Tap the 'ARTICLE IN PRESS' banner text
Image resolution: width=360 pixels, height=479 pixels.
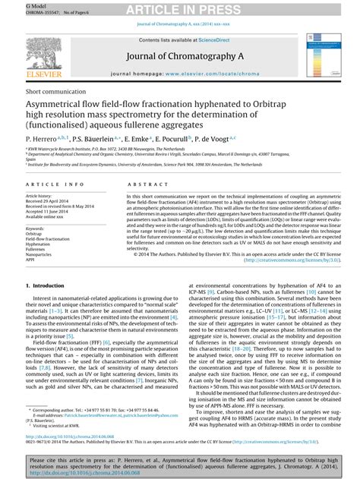point(179,8)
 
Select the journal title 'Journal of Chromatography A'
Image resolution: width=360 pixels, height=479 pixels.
point(179,55)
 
